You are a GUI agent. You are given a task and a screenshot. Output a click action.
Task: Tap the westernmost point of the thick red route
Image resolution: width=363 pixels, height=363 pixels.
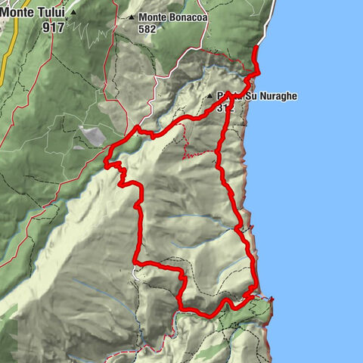pos(104,160)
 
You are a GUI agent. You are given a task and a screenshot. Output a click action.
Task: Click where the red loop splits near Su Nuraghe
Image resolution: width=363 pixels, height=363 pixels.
pos(228,94)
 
